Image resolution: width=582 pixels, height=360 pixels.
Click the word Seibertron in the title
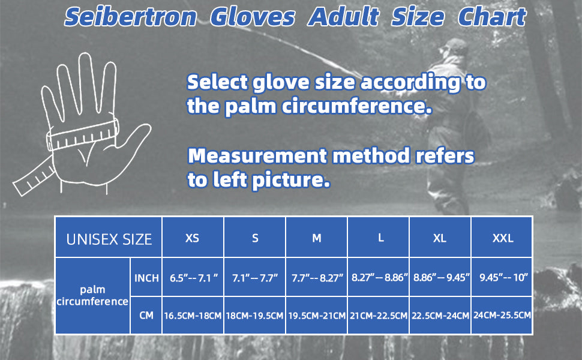pyautogui.click(x=130, y=17)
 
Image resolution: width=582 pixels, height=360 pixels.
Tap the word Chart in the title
pyautogui.click(x=492, y=17)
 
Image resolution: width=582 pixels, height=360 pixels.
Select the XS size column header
pyautogui.click(x=193, y=238)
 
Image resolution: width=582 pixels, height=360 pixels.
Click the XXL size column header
pyautogui.click(x=502, y=238)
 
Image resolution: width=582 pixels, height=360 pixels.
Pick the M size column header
pyautogui.click(x=317, y=238)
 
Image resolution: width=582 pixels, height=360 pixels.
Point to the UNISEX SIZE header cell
pyautogui.click(x=109, y=238)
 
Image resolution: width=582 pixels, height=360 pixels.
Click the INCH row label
pyautogui.click(x=146, y=278)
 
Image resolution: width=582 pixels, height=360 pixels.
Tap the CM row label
pyautogui.click(x=146, y=316)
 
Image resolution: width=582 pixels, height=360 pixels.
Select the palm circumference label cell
pyautogui.click(x=92, y=296)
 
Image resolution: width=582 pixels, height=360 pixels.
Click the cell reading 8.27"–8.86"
pyautogui.click(x=378, y=277)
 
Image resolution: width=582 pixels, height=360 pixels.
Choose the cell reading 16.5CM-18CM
pyautogui.click(x=193, y=316)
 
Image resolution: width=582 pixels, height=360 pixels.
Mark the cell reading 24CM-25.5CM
pyautogui.click(x=502, y=316)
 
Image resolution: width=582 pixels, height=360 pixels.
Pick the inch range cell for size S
pyautogui.click(x=254, y=277)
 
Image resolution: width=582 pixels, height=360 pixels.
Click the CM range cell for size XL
pyautogui.click(x=440, y=316)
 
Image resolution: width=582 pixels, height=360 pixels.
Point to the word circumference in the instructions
pyautogui.click(x=356, y=106)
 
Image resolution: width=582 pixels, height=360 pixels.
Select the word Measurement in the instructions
pyautogui.click(x=257, y=156)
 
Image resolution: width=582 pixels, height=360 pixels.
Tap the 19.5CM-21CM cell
pyautogui.click(x=317, y=316)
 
